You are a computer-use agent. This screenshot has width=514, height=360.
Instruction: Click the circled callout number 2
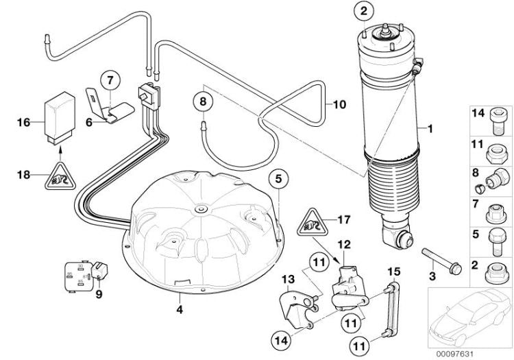[364, 11]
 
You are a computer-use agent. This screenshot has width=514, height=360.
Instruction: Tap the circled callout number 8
[202, 101]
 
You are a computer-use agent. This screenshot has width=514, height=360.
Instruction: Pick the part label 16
[24, 123]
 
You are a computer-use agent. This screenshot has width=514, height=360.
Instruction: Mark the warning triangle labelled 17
[312, 222]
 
